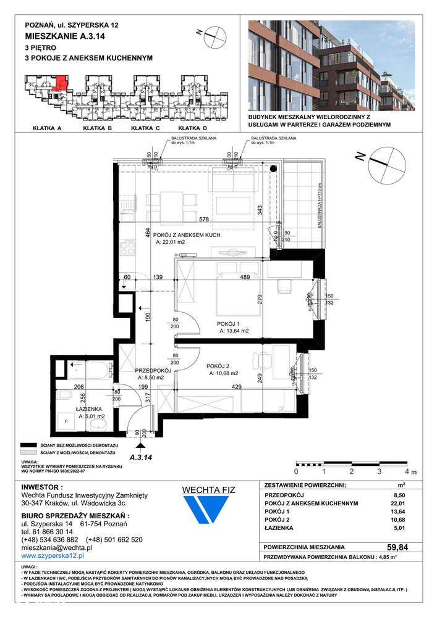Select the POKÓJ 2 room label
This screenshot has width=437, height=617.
[218, 365]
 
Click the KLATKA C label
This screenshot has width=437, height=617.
[145, 128]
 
